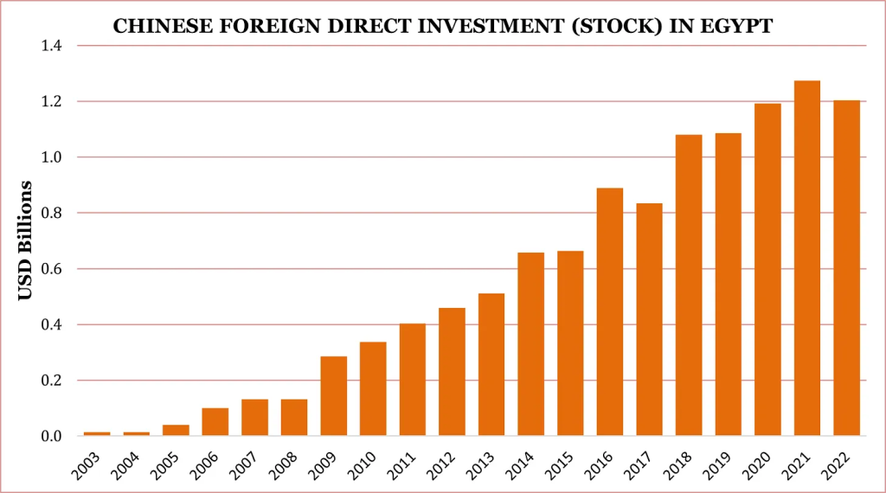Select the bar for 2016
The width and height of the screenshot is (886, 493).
coord(610,311)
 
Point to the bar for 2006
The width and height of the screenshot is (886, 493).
coord(215,421)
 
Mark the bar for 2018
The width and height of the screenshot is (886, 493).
coord(689,285)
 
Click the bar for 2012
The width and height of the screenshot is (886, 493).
coord(452,371)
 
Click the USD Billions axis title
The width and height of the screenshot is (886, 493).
coord(25,240)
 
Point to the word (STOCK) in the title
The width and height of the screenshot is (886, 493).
coord(624,27)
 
